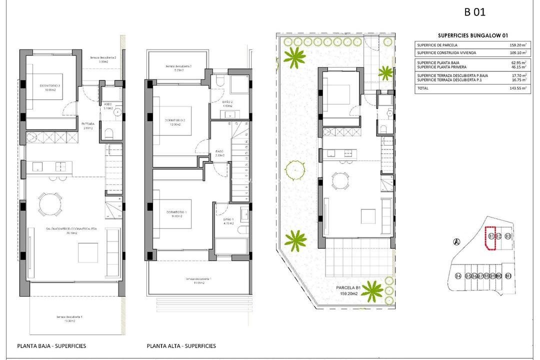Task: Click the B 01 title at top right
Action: [x=474, y=12]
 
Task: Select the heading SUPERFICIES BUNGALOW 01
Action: [x=473, y=35]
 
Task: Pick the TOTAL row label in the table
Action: [x=422, y=88]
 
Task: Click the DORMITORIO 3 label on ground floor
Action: [x=50, y=86]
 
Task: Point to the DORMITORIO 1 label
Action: [x=178, y=212]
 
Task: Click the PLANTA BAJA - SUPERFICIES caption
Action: [x=51, y=346]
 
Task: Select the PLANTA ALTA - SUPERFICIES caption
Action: [x=181, y=346]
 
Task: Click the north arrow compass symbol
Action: [x=456, y=242]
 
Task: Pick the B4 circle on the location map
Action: [x=458, y=276]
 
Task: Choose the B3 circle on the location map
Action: [x=507, y=236]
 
